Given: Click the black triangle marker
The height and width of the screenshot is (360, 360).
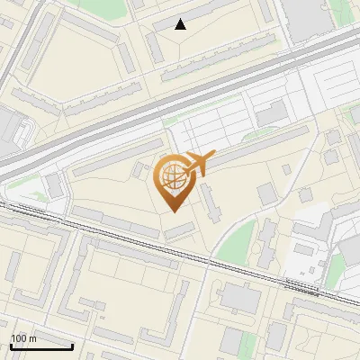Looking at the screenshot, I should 181,24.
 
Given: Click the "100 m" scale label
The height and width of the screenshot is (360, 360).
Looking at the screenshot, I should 23,337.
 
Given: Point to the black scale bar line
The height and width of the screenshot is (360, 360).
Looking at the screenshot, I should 41,346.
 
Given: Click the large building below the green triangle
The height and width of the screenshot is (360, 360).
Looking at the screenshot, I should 239,297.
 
